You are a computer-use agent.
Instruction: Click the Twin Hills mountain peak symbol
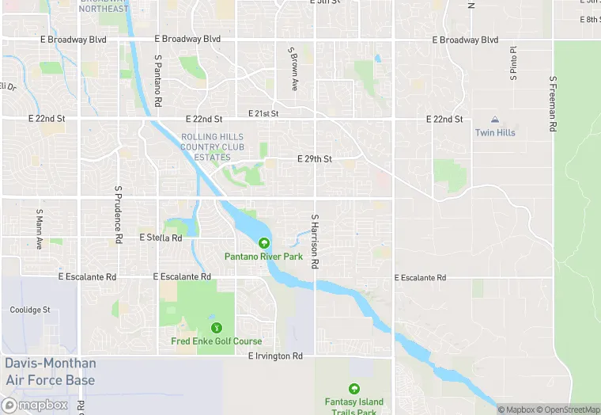point(495,120)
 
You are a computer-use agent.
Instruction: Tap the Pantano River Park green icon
point(263,243)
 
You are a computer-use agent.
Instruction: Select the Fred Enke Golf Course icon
point(215,328)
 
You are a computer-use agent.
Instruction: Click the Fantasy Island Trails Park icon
point(353,388)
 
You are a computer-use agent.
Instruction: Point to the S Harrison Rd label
point(315,241)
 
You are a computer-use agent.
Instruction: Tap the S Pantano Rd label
point(158,81)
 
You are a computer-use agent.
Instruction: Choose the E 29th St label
point(314,159)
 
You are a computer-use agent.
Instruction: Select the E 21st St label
point(263,114)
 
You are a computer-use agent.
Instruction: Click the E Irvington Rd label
point(275,356)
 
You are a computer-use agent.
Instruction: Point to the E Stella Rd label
point(161,238)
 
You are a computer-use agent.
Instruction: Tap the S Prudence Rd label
point(118,214)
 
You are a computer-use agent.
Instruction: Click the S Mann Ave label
point(39,230)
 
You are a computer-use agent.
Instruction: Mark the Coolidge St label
point(30,310)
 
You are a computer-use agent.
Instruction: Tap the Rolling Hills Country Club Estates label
point(212,147)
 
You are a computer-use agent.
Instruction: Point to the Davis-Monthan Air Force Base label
point(50,372)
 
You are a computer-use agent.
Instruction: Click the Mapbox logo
point(36,405)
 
